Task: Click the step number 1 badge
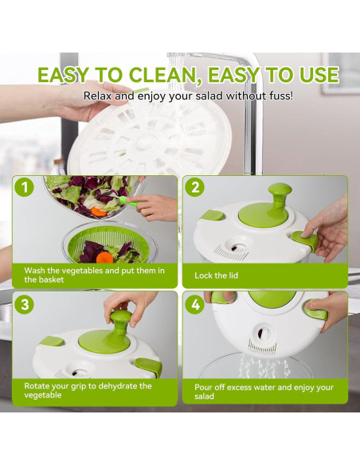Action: pos(25,188)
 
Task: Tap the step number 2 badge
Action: pos(196,188)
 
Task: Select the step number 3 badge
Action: pos(25,304)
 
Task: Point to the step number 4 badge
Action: pos(196,304)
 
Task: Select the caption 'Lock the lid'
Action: pos(216,275)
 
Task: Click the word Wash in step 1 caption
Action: pos(36,270)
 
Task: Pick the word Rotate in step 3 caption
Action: pos(38,385)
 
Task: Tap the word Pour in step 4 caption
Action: pos(206,387)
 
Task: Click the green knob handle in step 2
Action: pos(279,194)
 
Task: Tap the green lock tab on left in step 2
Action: pos(213,215)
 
